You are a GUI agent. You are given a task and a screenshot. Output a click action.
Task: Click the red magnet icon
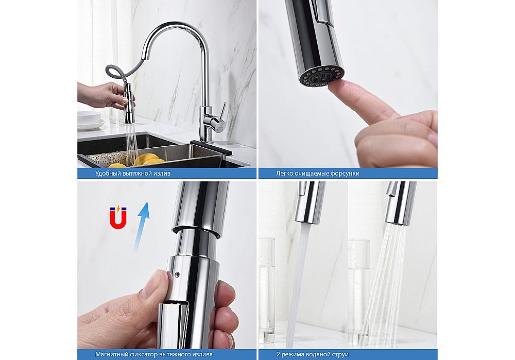[118, 217]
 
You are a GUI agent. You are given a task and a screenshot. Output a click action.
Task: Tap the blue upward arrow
[141, 227]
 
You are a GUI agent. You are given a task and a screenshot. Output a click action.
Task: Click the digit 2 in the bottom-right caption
[278, 354]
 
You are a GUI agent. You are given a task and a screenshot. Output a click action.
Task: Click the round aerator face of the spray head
[321, 77]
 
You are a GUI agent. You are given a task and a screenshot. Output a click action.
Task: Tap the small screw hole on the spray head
[177, 275]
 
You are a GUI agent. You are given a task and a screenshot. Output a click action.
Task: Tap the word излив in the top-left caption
[163, 173]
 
